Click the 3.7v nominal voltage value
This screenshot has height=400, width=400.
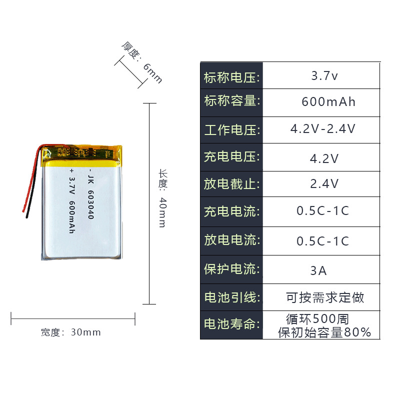click(324, 76)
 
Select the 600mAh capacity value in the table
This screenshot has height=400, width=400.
click(328, 102)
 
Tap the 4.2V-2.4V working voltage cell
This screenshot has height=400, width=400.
click(323, 129)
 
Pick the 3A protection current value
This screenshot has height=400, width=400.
click(318, 270)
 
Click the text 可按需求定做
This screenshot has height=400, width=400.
click(325, 298)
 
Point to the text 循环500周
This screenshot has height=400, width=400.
click(317, 318)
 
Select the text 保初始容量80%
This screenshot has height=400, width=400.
click(324, 332)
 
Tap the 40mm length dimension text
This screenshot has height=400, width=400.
click(162, 212)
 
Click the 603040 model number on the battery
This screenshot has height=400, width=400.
click(91, 205)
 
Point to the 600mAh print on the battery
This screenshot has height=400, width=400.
click(71, 216)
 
